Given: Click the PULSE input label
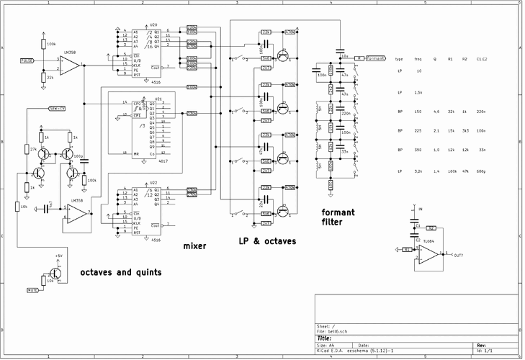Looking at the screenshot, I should coord(28,60).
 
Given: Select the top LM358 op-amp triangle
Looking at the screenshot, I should coord(71,66).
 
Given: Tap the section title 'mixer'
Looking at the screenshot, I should coord(194,246).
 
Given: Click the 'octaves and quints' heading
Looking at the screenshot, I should coord(120,273).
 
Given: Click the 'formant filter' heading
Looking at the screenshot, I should coord(342,217).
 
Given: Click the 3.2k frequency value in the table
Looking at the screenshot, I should coord(418,171).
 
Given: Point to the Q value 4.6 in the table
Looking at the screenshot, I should coord(436,112).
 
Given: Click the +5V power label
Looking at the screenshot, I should coord(58,256).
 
